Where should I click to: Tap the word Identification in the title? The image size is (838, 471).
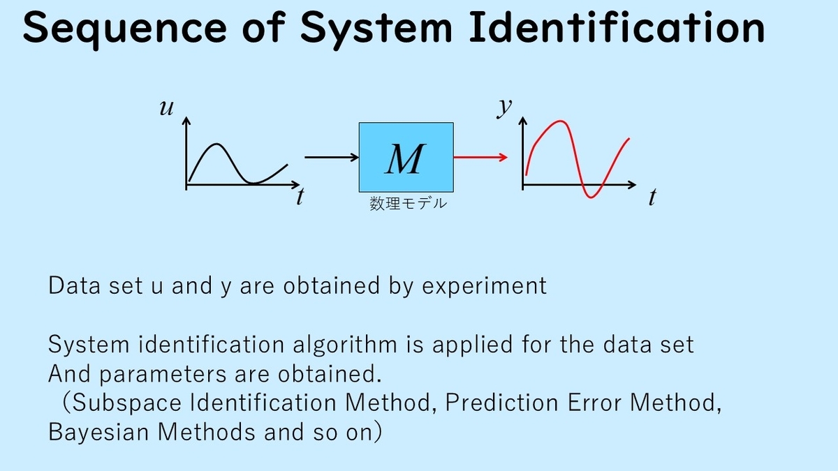pos(617,27)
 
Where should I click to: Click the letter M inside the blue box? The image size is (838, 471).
pos(406,159)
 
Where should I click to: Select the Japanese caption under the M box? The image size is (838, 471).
pos(408,203)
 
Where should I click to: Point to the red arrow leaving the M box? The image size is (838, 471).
pos(480,158)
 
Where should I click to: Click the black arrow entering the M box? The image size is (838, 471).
pos(332,158)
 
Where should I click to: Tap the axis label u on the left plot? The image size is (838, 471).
pos(166,107)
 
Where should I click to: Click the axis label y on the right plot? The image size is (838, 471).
pos(504,107)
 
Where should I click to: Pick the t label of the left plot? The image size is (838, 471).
pos(300,197)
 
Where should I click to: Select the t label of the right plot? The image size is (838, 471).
pos(652,197)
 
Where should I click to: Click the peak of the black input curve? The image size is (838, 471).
pos(217,144)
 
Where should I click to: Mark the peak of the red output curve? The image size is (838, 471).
pos(560,121)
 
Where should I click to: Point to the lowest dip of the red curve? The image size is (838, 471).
pos(591,197)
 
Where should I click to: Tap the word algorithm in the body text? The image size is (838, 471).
pos(344,344)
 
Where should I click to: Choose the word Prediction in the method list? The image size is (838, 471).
pos(501,403)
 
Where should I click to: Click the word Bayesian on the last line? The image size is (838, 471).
pos(98,433)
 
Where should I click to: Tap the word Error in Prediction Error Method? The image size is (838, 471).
pos(594,403)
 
